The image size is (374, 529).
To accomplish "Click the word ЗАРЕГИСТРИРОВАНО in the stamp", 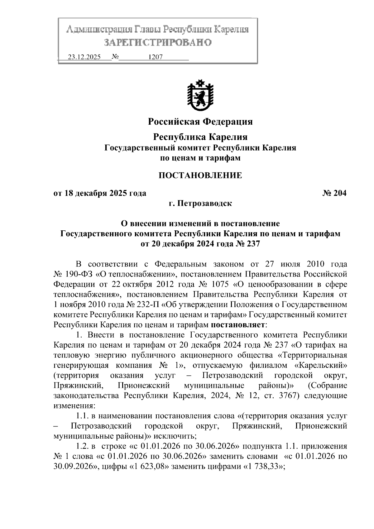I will click(x=157, y=42).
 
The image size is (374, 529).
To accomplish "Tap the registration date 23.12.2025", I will click(x=84, y=57).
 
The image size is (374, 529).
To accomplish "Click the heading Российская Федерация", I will click(x=200, y=121).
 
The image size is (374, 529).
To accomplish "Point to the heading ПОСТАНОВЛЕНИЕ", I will click(x=200, y=175).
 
